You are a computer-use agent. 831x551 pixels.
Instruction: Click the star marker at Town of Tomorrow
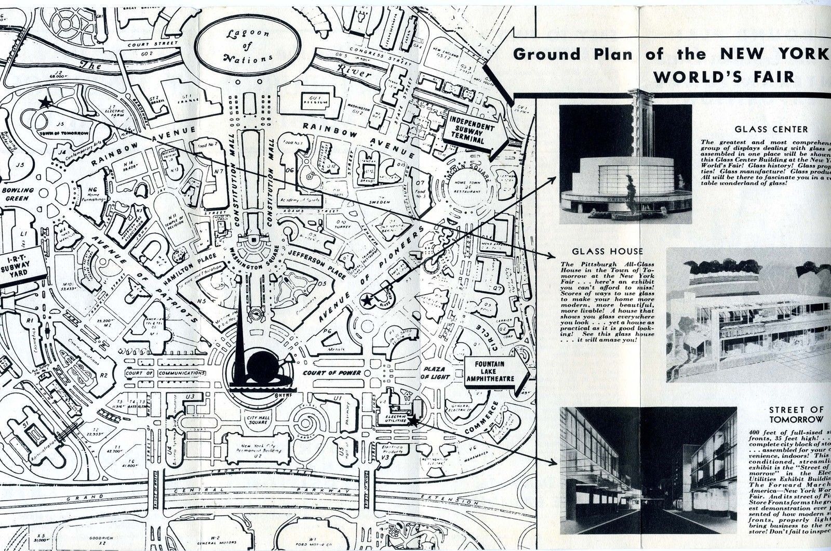[46, 102]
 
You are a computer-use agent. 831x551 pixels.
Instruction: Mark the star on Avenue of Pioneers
[367, 299]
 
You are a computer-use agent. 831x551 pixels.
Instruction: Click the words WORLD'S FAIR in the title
[723, 76]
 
